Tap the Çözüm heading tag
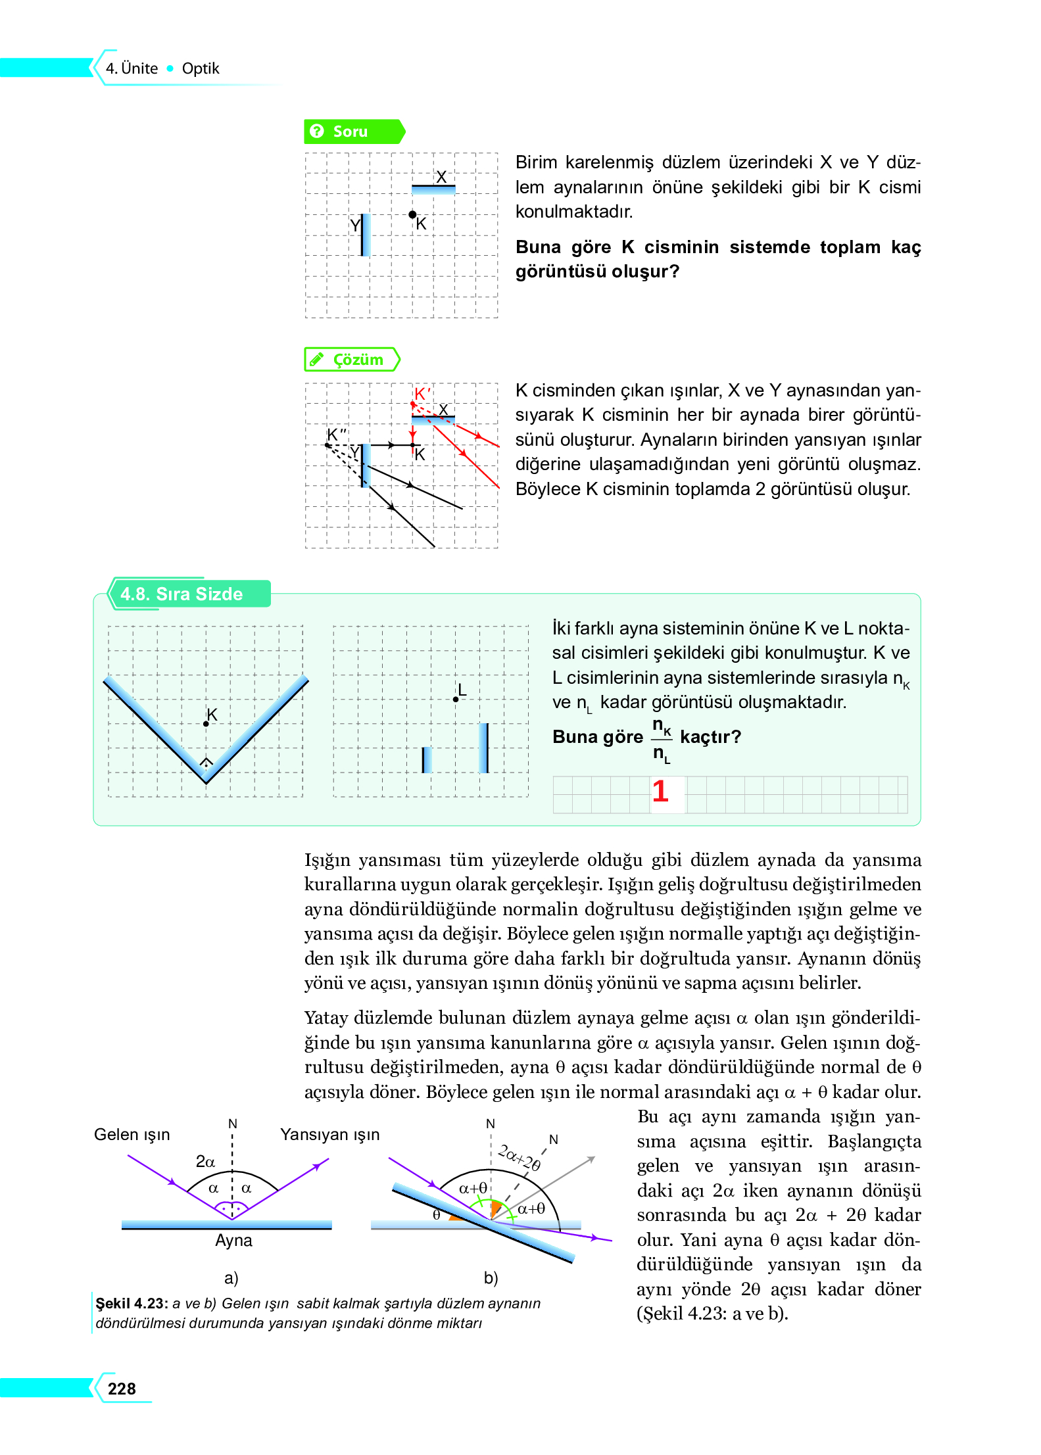pyautogui.click(x=352, y=360)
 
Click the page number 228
pyautogui.click(x=122, y=1389)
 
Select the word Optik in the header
pyautogui.click(x=201, y=68)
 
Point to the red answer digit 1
pyautogui.click(x=660, y=791)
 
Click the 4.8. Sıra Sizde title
pyautogui.click(x=182, y=594)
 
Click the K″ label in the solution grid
pyautogui.click(x=337, y=435)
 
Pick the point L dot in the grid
pyautogui.click(x=456, y=699)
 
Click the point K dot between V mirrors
pyautogui.click(x=206, y=723)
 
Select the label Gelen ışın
pyautogui.click(x=132, y=1134)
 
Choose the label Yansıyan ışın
pyautogui.click(x=329, y=1134)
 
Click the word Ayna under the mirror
pyautogui.click(x=233, y=1240)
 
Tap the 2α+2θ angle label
pyautogui.click(x=520, y=1157)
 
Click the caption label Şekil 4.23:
pyautogui.click(x=132, y=1303)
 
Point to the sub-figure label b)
pyautogui.click(x=491, y=1277)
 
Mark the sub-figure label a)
pyautogui.click(x=231, y=1277)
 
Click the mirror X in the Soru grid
pyautogui.click(x=433, y=189)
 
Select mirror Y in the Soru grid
pyautogui.click(x=365, y=235)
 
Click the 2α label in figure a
pyautogui.click(x=205, y=1161)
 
